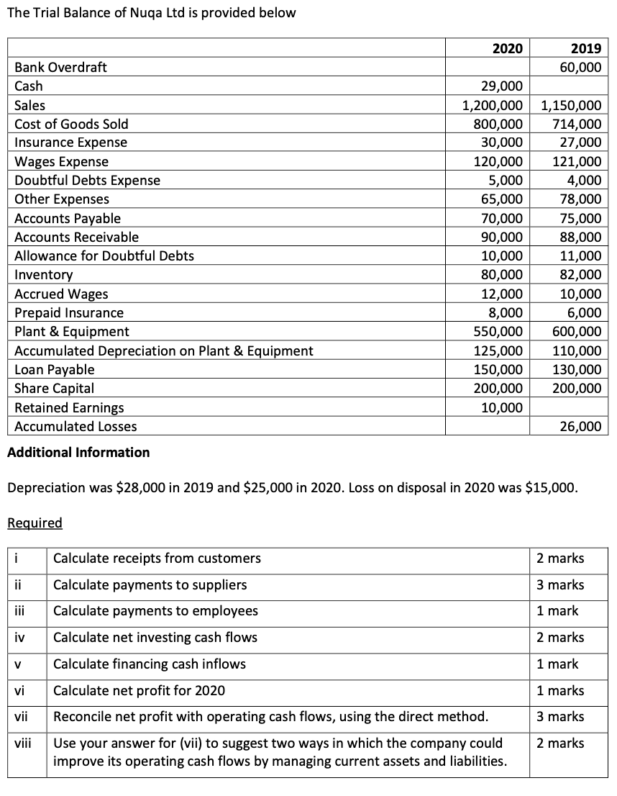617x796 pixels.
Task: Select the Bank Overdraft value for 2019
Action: (x=581, y=67)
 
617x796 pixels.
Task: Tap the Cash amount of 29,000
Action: (x=502, y=86)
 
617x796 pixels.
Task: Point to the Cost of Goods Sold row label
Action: (x=72, y=124)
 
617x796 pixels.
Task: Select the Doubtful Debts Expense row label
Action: (x=88, y=180)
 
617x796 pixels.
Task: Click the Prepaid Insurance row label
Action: (x=69, y=312)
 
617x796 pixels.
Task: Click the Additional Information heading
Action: (x=78, y=452)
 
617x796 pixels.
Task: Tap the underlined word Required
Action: (x=35, y=523)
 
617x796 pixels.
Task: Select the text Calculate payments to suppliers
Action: (x=150, y=584)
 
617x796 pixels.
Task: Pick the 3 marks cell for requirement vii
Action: (x=560, y=716)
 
